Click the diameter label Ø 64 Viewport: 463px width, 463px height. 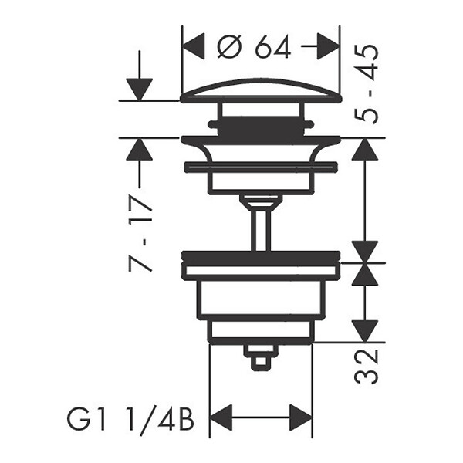[253, 46]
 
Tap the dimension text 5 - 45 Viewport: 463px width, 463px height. [367, 84]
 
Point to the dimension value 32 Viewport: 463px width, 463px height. [367, 366]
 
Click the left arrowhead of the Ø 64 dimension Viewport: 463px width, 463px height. [194, 46]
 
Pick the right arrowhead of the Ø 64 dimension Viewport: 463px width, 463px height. [328, 46]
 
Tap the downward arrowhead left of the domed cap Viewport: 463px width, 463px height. [139, 90]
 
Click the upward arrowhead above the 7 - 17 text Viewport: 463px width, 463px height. [139, 150]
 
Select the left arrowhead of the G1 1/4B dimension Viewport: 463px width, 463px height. [221, 417]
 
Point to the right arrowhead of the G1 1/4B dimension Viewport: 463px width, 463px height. [301, 417]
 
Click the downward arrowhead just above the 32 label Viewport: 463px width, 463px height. [365, 331]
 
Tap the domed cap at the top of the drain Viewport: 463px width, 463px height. [261, 91]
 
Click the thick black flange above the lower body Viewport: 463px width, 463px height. [261, 257]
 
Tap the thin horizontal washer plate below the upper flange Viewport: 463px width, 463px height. [261, 167]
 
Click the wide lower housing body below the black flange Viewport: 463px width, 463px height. [261, 299]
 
